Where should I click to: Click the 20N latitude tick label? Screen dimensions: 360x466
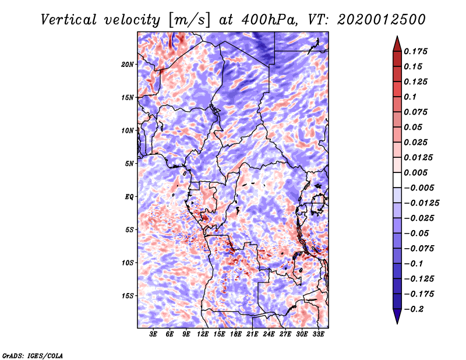click(x=128, y=64)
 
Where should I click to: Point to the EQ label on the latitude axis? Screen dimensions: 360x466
click(x=129, y=196)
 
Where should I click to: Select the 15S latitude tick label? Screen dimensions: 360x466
click(x=128, y=295)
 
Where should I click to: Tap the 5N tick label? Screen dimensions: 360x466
click(x=129, y=163)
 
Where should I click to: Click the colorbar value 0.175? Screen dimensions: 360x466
click(x=418, y=51)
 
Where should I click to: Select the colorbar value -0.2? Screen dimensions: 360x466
click(x=417, y=309)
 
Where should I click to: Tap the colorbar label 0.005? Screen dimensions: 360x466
click(x=418, y=172)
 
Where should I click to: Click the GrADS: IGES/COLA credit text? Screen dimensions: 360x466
click(x=32, y=354)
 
